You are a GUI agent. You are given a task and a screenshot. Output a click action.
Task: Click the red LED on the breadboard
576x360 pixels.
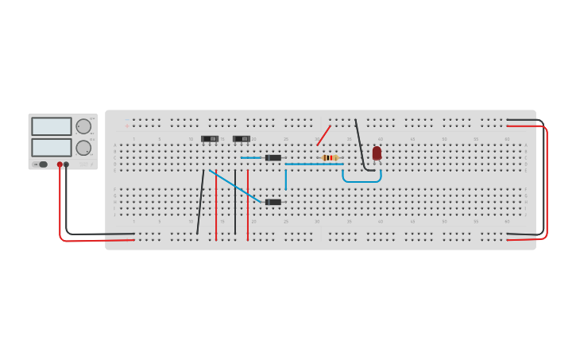377,153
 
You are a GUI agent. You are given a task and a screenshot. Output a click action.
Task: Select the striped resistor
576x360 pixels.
330,157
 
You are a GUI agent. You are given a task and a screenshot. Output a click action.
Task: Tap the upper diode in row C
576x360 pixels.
273,157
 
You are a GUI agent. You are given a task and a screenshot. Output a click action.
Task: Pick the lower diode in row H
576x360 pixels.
273,202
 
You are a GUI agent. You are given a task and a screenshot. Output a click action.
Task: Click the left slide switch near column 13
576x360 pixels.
210,139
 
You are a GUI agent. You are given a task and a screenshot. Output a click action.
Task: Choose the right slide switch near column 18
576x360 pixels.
242,139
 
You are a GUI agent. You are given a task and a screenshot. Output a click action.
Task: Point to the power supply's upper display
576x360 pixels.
52,126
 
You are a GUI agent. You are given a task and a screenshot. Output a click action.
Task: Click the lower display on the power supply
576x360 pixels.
52,148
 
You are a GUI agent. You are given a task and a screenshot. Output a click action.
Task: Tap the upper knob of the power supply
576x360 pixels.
83,126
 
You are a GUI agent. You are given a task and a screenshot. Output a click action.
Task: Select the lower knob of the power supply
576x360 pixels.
83,148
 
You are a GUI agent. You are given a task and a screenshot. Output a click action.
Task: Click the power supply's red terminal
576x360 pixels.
60,165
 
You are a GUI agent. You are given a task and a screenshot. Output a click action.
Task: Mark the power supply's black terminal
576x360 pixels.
66,165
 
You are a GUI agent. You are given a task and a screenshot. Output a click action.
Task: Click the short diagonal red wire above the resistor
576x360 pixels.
323,135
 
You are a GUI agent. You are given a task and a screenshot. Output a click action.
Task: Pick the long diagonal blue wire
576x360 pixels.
234,185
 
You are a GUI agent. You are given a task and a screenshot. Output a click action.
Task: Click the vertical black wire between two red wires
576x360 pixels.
235,202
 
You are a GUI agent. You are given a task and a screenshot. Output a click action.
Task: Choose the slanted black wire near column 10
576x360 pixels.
200,202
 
